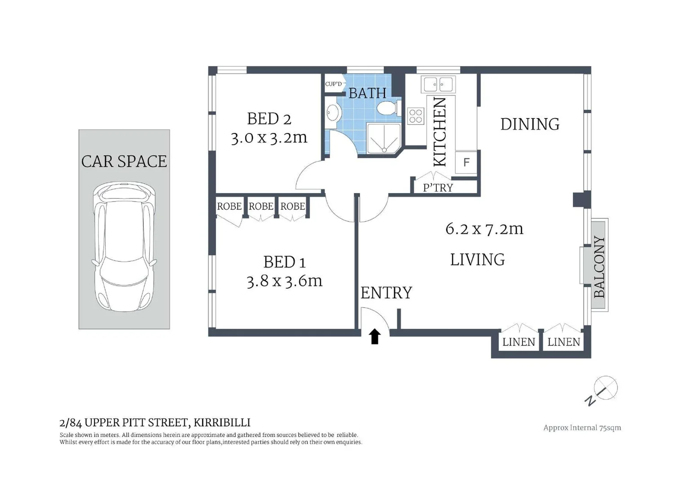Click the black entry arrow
pos(375,336)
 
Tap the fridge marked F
pos(466,162)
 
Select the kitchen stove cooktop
pos(416,116)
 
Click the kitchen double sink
pos(438,84)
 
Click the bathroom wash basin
pos(332,113)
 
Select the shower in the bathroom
pos(384,138)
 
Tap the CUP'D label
pos(333,84)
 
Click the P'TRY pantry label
pos(438,188)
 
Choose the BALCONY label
pos(599,267)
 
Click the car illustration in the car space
pos(124,247)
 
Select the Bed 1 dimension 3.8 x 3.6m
pos(284,281)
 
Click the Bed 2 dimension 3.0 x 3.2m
pos(269,137)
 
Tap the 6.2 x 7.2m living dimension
pos(484,229)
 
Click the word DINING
pos(530,124)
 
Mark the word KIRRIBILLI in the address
pos(222,423)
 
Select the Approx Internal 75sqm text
pos(582,428)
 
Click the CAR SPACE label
pos(124,161)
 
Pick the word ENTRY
pos(386,293)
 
